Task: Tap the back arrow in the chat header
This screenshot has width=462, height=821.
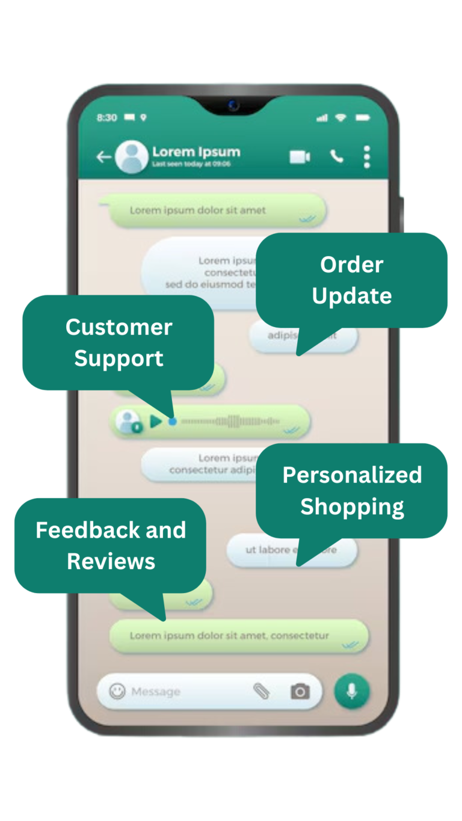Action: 103,158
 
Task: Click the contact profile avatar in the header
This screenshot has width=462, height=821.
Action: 132,158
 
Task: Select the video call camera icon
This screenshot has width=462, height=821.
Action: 300,158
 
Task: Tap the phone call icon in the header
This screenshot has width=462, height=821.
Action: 336,157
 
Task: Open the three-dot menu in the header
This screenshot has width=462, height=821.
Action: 367,157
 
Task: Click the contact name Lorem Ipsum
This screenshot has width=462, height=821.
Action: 196,152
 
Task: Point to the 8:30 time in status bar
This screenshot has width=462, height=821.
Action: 106,118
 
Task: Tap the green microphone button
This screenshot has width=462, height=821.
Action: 352,692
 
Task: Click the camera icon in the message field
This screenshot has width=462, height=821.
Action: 300,692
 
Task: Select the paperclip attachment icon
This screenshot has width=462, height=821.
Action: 262,692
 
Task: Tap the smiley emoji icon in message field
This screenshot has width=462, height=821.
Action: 117,692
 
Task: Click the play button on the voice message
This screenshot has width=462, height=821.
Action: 156,422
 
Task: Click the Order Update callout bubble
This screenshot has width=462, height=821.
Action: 352,280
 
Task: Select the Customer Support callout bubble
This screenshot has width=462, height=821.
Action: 119,343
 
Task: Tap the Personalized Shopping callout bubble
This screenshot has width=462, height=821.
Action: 352,490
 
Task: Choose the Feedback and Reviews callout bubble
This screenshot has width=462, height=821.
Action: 111,546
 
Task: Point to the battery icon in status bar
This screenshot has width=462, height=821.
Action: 363,118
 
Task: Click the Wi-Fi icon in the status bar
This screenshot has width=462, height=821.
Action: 341,118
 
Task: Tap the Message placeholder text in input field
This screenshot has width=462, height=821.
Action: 156,692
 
